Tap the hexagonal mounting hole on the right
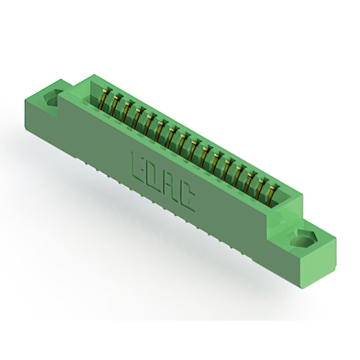303,240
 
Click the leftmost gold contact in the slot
103,99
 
